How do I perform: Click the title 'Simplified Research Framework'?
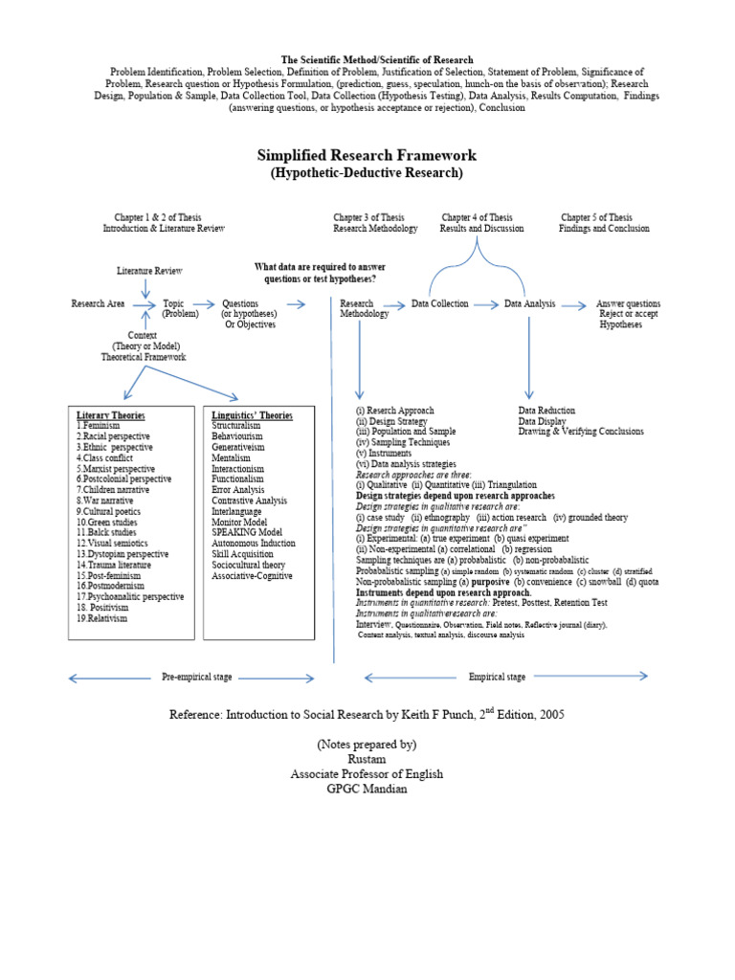pos(367,155)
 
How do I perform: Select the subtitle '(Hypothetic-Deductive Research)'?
pos(367,173)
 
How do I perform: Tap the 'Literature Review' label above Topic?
pos(149,271)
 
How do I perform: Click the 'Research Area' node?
pos(98,303)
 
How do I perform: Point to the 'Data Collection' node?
pos(440,303)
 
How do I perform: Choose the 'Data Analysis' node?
pos(530,303)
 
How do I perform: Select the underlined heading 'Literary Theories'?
pos(110,415)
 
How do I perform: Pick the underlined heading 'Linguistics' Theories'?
pos(252,415)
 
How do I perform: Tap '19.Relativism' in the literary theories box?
pos(101,618)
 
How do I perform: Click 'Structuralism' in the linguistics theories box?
pos(239,426)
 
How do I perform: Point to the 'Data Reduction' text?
pos(546,411)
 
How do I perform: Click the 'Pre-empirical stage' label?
pos(196,677)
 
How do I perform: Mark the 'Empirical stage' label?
pos(497,677)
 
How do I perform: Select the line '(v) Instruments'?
pos(384,453)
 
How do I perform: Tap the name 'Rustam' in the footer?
pos(367,759)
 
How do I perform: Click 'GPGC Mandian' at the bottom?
pos(367,790)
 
